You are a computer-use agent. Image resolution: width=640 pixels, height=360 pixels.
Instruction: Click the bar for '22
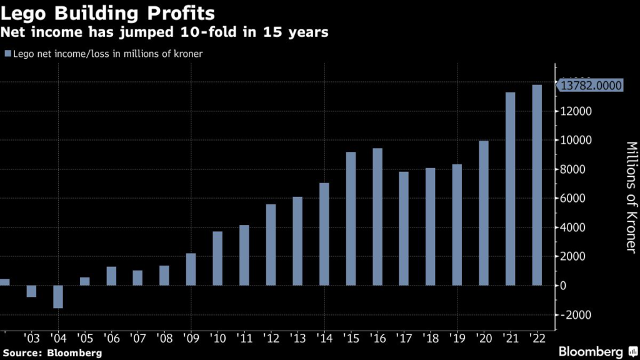pos(536,185)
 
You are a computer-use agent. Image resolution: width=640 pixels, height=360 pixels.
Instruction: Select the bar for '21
pos(510,189)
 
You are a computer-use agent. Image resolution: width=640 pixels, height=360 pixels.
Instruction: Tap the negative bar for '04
pos(58,297)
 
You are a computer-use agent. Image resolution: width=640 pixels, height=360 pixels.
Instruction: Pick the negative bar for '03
pos(31,291)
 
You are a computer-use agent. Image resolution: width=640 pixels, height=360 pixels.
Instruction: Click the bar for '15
pos(351,219)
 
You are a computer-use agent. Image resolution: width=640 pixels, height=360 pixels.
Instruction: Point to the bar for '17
pos(404,229)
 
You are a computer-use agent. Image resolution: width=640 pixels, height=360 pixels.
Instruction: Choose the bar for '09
pos(191,269)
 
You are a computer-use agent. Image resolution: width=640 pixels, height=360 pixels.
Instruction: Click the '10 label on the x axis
pos(218,338)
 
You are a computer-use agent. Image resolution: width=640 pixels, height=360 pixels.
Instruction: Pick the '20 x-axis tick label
pos(483,338)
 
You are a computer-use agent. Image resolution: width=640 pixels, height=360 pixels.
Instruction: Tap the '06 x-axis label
pos(111,338)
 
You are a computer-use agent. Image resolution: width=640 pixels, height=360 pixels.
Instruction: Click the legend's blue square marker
pos(7,54)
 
